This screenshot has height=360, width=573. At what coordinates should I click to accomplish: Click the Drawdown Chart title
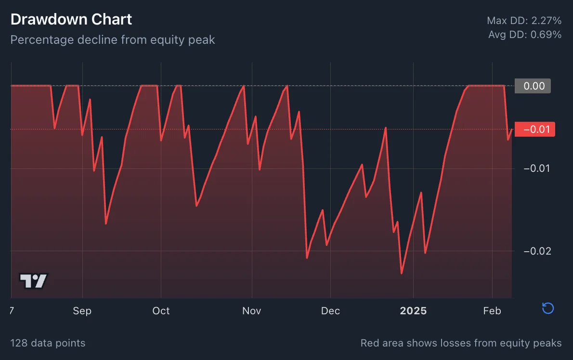(71, 20)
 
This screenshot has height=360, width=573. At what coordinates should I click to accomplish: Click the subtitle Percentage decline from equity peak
(113, 39)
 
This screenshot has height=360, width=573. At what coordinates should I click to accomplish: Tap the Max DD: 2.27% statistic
(524, 21)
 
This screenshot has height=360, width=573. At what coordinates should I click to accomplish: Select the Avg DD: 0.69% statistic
(524, 35)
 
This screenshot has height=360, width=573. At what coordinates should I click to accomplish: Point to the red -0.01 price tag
(534, 129)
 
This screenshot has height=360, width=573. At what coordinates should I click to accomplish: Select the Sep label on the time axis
(82, 311)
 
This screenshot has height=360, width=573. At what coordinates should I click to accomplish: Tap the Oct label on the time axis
(161, 311)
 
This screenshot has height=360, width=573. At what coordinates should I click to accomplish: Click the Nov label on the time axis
(251, 311)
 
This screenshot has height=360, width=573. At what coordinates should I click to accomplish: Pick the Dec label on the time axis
(330, 311)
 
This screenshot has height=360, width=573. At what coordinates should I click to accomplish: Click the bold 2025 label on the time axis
(413, 311)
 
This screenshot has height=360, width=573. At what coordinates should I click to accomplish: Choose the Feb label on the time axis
(492, 311)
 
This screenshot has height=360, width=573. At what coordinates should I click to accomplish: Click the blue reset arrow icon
(547, 308)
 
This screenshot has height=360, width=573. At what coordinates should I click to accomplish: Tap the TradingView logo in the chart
(34, 281)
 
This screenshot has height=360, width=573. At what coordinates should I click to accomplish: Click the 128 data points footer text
(48, 343)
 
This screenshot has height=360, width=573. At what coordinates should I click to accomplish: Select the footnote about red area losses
(461, 343)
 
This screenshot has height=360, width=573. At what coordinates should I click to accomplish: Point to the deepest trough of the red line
(402, 273)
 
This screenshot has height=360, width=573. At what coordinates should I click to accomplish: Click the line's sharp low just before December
(307, 257)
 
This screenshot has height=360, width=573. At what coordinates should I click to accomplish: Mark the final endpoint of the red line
(511, 129)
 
